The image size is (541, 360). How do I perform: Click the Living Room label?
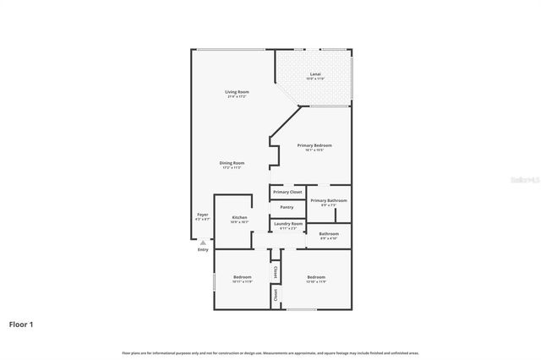[237, 91]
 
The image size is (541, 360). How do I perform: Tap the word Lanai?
[314, 74]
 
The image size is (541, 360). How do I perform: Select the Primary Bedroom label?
[314, 145]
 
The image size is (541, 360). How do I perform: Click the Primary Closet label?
[287, 192]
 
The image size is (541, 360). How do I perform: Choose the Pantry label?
[287, 207]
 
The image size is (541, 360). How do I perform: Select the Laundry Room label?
[287, 224]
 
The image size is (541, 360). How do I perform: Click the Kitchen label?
[240, 218]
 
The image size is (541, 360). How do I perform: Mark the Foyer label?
[203, 215]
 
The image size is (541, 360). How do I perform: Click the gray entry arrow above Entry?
[203, 243]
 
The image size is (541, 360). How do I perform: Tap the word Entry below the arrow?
[203, 250]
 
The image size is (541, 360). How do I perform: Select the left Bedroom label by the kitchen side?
[242, 277]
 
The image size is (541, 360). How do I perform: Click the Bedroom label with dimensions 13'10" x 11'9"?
[316, 277]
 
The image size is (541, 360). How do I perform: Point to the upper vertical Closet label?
[276, 272]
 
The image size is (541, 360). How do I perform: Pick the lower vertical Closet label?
[276, 295]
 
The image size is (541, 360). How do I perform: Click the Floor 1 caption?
[22, 324]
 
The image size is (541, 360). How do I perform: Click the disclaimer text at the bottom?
[270, 352]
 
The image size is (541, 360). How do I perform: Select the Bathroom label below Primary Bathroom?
[328, 234]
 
